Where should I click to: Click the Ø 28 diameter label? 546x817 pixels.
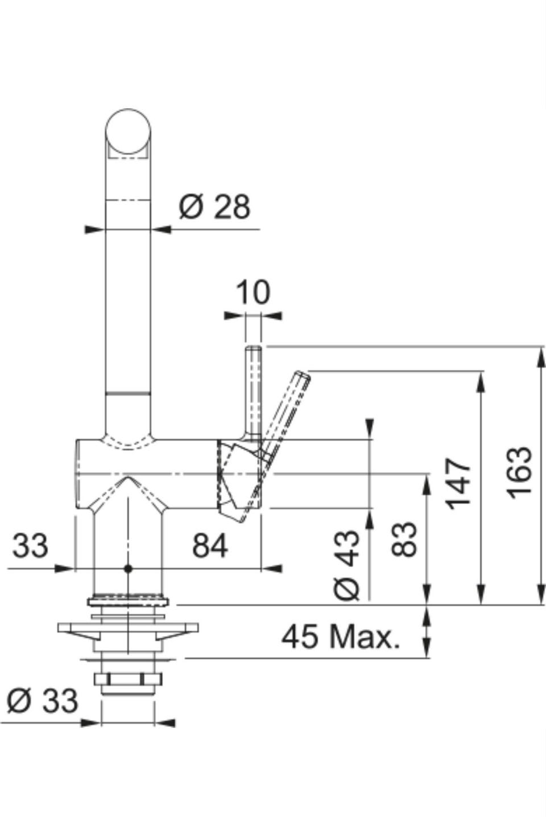[x=214, y=207]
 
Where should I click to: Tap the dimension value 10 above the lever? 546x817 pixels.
[x=253, y=292]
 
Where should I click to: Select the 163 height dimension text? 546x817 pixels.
[x=520, y=473]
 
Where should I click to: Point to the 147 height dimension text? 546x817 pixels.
[x=458, y=483]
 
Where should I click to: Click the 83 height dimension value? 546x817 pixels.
[x=404, y=540]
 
